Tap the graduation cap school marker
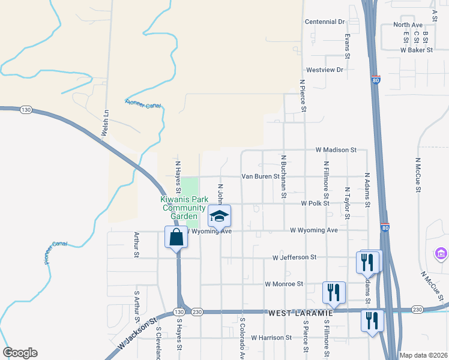(220, 216)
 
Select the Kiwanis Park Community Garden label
(179, 208)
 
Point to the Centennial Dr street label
(325, 22)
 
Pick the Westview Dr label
(324, 70)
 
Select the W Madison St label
(336, 149)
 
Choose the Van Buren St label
(261, 176)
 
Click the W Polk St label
(316, 203)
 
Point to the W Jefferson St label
(294, 257)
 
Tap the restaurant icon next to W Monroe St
(334, 292)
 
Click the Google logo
(20, 353)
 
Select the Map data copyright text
(423, 355)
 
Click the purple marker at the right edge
(442, 254)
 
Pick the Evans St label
(348, 46)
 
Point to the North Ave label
(408, 25)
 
